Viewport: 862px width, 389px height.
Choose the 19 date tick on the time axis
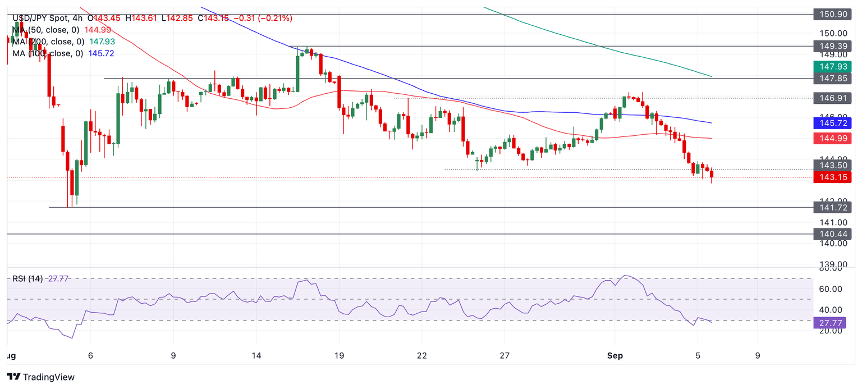[x=338, y=355]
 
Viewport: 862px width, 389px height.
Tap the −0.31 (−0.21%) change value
[x=262, y=19]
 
